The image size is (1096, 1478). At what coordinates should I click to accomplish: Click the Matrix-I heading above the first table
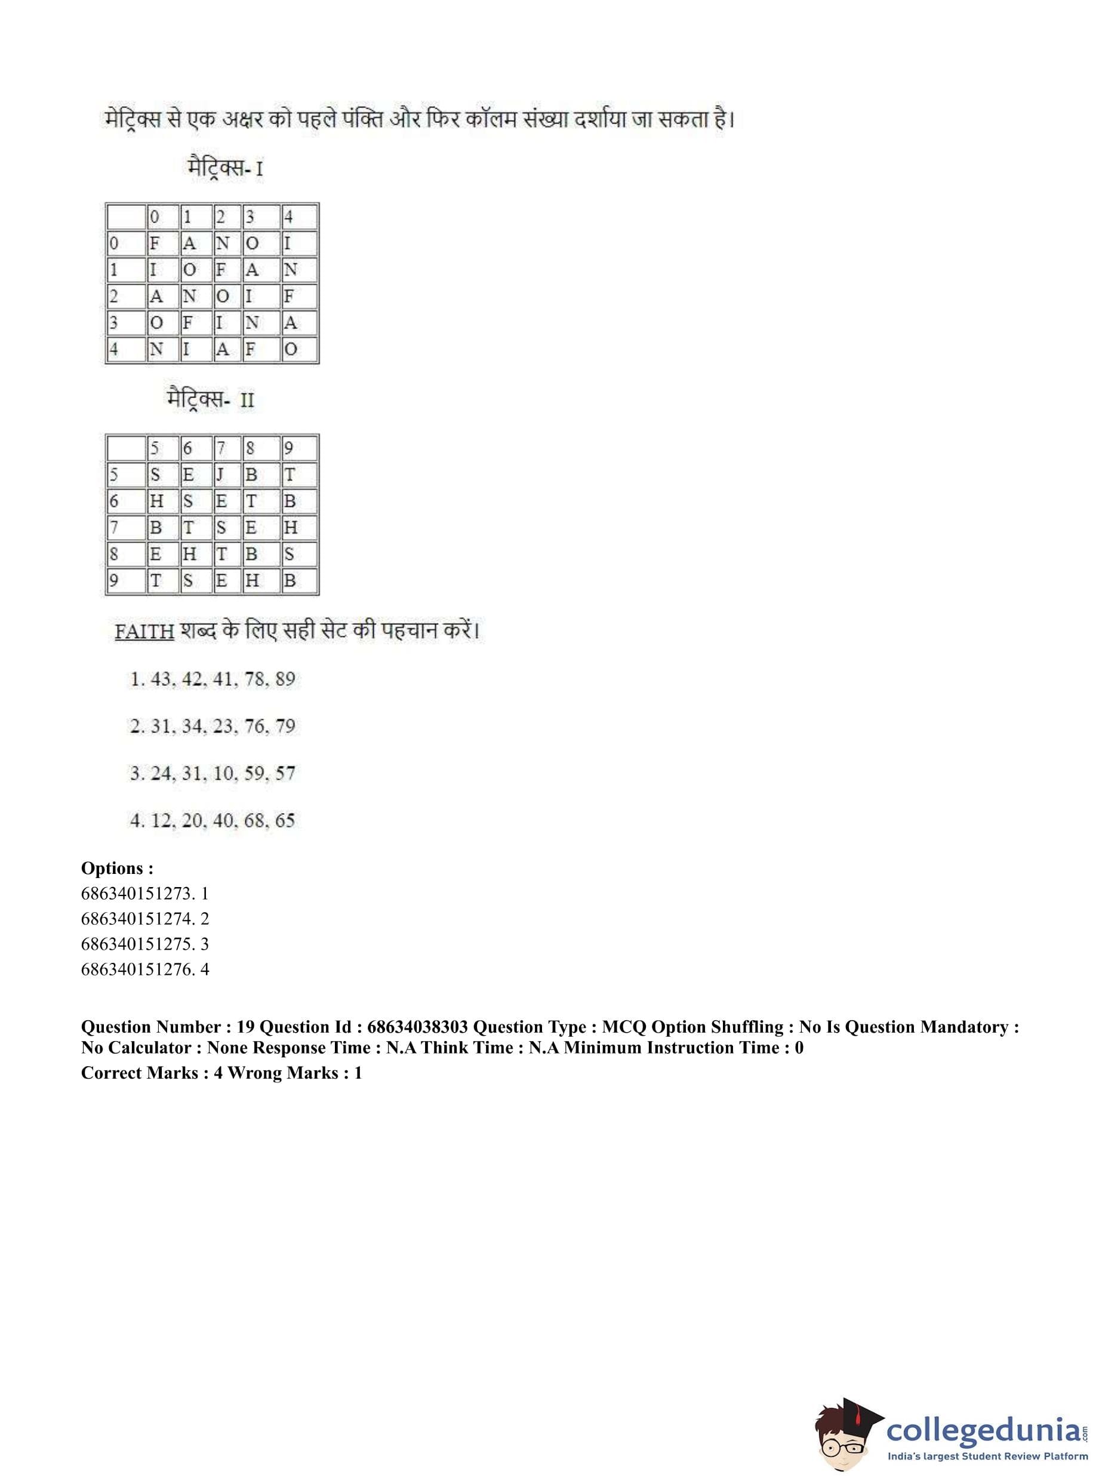[226, 167]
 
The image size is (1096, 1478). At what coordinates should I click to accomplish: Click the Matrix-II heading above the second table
[211, 399]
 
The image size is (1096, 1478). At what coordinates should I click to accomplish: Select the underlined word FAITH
[144, 631]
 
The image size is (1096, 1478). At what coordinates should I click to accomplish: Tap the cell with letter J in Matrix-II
[221, 475]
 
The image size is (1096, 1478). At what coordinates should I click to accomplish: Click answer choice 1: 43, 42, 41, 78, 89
[213, 679]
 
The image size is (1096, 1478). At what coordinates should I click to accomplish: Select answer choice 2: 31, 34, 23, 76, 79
[213, 726]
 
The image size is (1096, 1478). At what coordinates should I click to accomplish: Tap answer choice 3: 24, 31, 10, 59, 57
[213, 774]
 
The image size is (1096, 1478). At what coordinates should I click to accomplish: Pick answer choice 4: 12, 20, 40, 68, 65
[213, 821]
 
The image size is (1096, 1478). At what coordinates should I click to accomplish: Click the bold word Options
[117, 869]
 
